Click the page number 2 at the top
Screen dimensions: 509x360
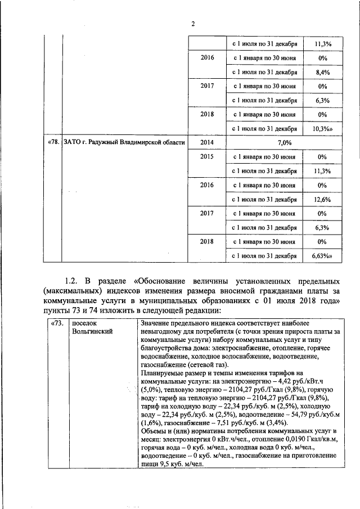(192, 24)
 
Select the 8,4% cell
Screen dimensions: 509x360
(322, 73)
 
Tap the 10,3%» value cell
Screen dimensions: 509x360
(322, 128)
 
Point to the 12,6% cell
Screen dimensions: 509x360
(322, 199)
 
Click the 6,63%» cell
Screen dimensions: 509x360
(322, 256)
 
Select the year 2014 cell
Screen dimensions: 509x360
(206, 142)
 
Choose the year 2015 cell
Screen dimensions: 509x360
(206, 156)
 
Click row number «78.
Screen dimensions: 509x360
(53, 142)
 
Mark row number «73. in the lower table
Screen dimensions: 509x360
(56, 324)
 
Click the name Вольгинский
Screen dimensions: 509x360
(93, 332)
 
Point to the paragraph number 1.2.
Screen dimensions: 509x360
(73, 281)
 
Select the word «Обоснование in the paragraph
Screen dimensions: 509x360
(163, 281)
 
